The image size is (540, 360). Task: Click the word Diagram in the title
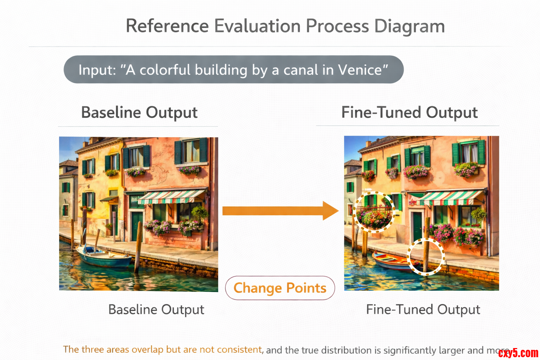[x=409, y=27]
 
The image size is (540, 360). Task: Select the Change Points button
[x=280, y=288]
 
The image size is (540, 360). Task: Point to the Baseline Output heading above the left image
[x=139, y=112]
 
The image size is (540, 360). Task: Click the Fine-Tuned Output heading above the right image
[x=409, y=112]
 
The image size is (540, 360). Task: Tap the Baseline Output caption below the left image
[x=156, y=310]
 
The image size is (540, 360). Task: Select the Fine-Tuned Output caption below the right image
[x=423, y=310]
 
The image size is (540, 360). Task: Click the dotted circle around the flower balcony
[x=374, y=212]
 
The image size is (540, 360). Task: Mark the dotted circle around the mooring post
[x=426, y=256]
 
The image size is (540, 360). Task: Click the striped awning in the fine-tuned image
[x=450, y=198]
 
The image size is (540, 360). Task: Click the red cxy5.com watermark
[x=518, y=353]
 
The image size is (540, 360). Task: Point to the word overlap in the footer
[x=147, y=350]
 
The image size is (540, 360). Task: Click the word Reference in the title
[x=167, y=27]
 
